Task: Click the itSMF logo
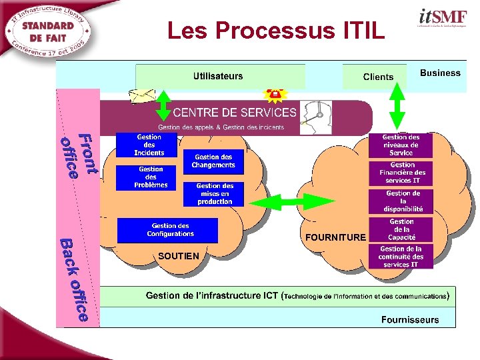click(443, 18)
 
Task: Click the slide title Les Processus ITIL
click(276, 31)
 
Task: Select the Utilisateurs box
click(220, 77)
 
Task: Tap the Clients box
click(377, 77)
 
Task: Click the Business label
click(440, 73)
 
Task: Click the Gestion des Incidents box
click(149, 145)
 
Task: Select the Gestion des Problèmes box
click(151, 177)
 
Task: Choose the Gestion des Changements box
click(213, 161)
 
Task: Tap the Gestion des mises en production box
click(215, 194)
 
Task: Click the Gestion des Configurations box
click(167, 230)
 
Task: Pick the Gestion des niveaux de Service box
click(401, 145)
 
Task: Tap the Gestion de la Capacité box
click(401, 229)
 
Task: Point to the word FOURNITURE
click(335, 237)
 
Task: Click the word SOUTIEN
click(179, 255)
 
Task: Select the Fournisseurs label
click(410, 319)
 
